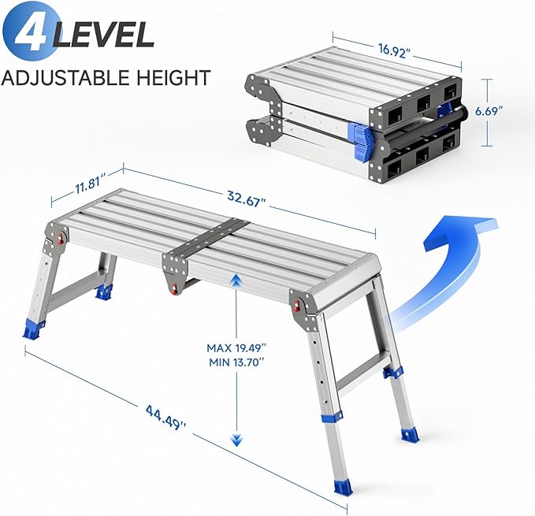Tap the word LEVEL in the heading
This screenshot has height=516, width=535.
click(x=105, y=35)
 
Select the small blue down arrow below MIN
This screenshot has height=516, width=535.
click(x=234, y=439)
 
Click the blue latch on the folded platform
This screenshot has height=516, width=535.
click(x=359, y=139)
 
